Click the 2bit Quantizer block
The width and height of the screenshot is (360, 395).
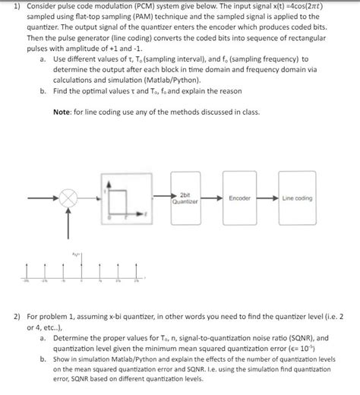185,198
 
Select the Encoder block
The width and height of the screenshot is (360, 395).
240,197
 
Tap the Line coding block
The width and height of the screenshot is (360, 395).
296,197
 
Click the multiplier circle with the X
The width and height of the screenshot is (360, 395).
70,197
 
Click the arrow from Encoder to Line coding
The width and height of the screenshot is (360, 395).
267,197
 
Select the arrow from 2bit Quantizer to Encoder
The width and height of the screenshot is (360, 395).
213,197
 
